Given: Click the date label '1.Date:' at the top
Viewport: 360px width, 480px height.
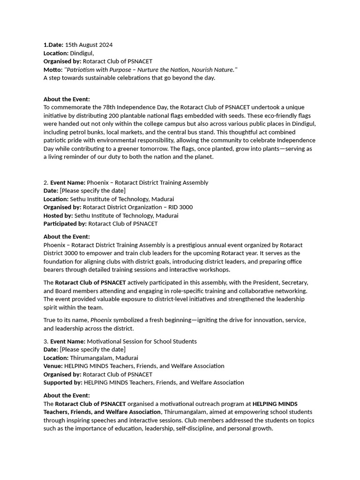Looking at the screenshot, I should point(53,45).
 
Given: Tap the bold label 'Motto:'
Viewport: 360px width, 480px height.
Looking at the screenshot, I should point(53,70).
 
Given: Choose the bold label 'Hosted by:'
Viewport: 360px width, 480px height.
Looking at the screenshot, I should point(58,216).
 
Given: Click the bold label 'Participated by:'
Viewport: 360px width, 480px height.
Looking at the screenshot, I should point(65,224).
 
